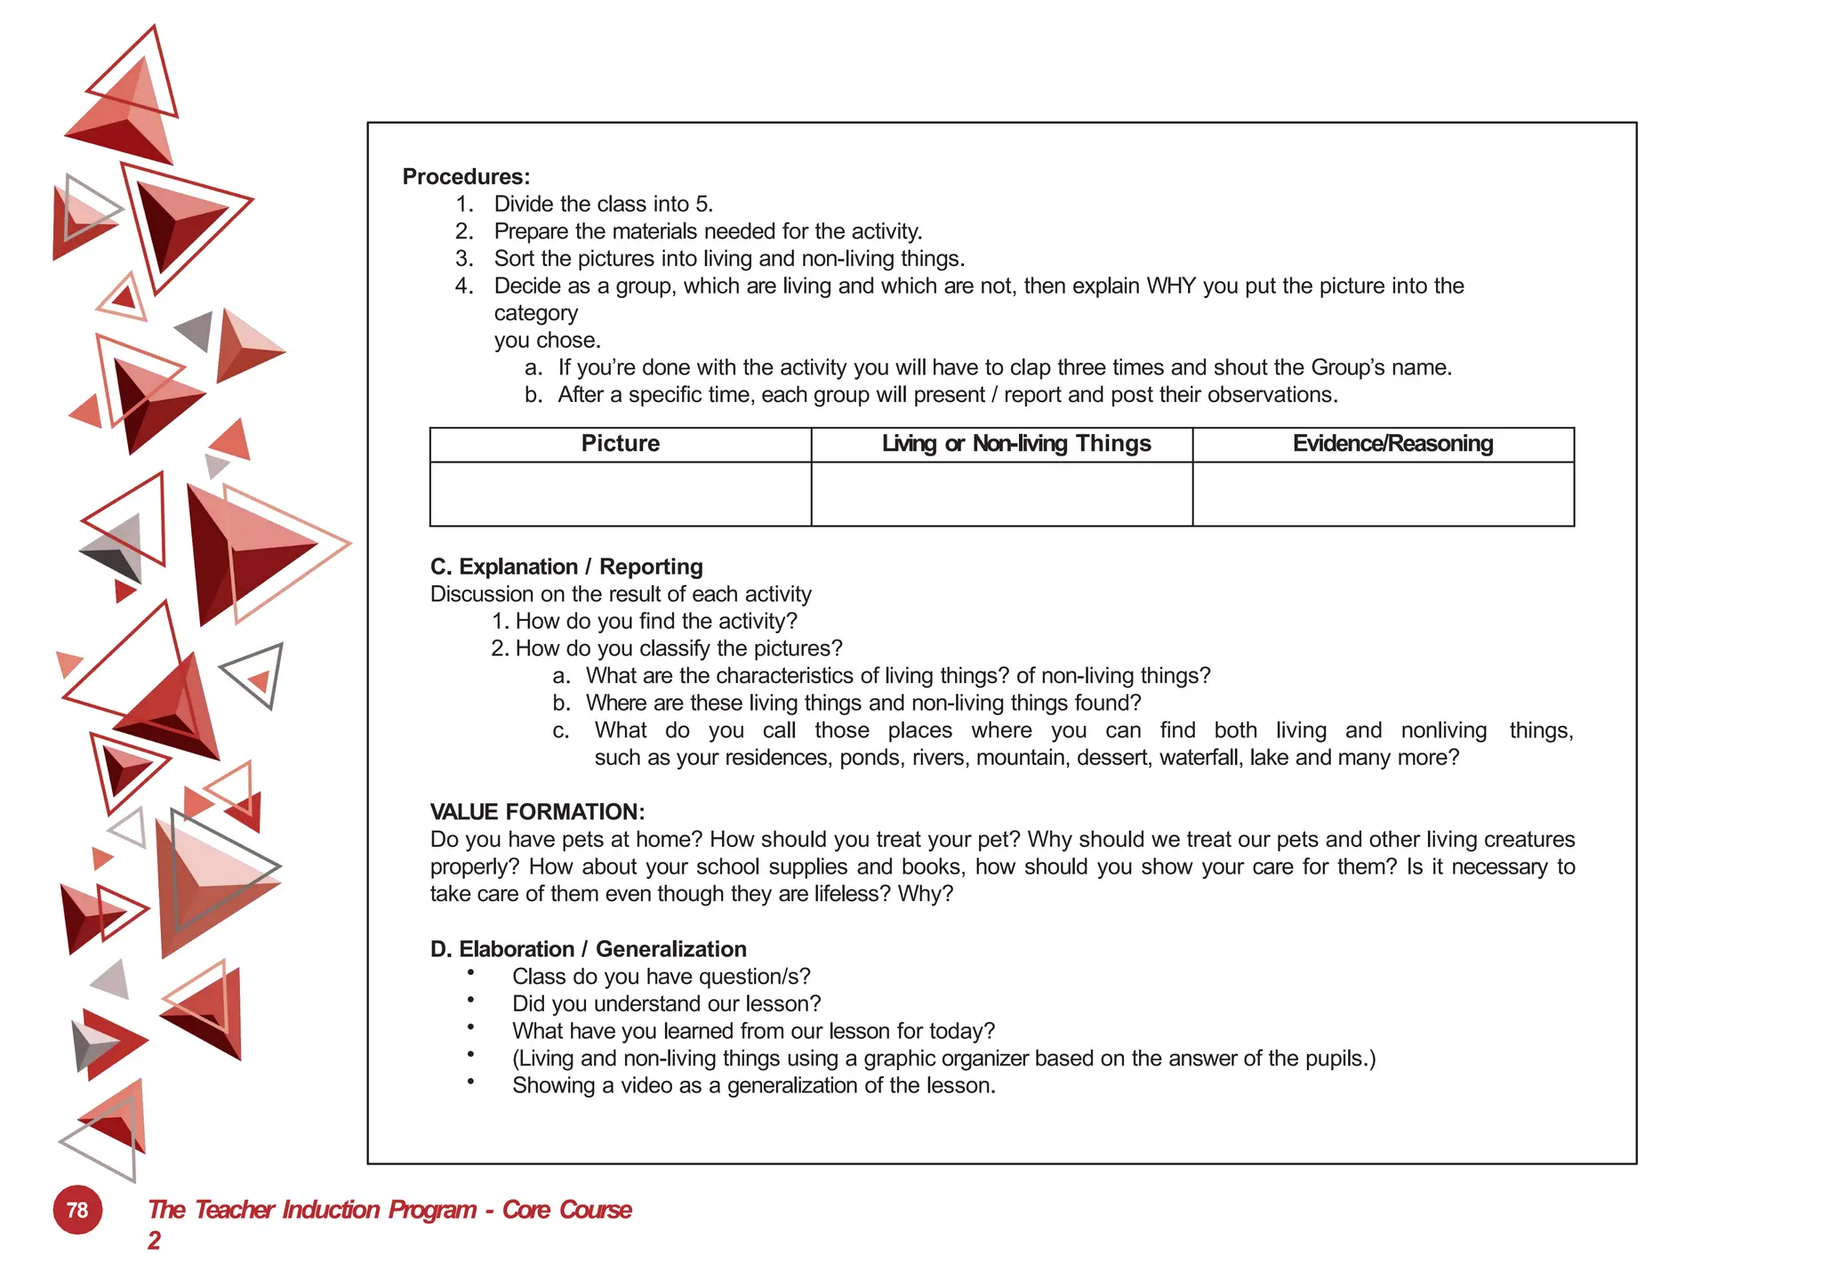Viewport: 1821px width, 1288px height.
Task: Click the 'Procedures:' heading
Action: point(466,177)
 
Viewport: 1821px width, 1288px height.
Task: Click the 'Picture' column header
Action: point(620,444)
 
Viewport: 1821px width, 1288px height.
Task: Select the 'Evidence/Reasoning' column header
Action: point(1392,444)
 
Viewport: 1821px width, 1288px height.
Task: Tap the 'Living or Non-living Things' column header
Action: point(1015,444)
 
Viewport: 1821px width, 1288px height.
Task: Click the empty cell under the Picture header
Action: point(620,494)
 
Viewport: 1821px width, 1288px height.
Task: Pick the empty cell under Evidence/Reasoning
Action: point(1383,494)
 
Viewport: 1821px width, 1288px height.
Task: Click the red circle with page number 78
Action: point(77,1210)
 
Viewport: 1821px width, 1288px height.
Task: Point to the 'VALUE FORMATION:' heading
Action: point(537,812)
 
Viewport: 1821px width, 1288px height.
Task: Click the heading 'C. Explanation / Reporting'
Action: point(566,567)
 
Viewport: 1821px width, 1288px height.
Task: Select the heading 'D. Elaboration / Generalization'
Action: point(588,949)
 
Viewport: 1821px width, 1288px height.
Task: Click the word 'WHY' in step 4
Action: point(1171,286)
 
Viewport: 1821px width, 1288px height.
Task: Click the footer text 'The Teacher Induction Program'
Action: point(311,1210)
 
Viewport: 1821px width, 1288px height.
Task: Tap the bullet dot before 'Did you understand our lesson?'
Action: point(470,1001)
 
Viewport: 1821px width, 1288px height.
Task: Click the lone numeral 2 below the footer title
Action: point(154,1240)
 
